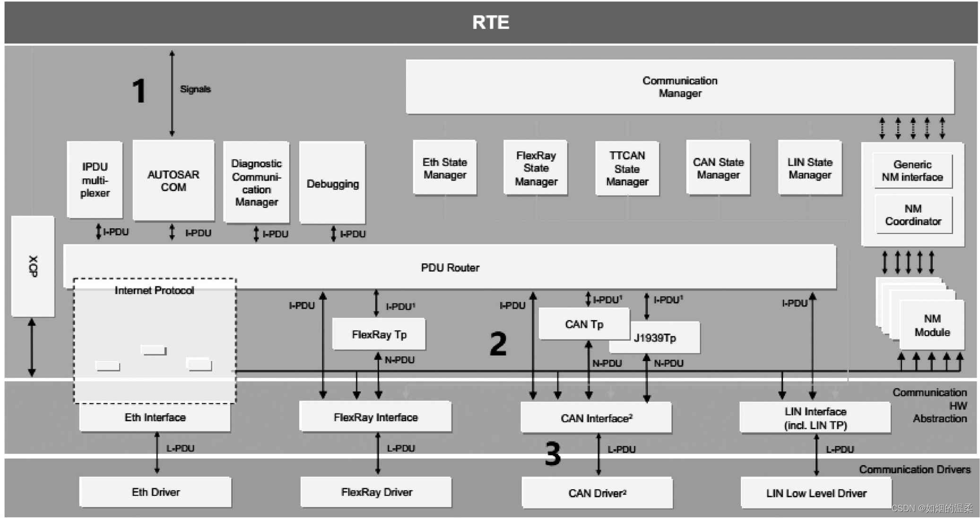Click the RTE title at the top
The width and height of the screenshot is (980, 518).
coord(490,22)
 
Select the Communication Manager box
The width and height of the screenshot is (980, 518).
coord(679,87)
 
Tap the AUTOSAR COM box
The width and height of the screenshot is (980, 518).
coord(173,181)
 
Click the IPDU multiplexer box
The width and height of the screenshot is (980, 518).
coord(95,180)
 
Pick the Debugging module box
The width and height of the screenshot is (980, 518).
coord(332,183)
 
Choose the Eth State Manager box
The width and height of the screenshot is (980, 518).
coord(444,168)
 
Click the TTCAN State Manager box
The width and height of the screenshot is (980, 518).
coord(627,168)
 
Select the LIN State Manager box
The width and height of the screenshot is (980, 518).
coord(809,168)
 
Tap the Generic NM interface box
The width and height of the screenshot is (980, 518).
coord(912,171)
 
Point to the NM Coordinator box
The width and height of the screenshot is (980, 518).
coord(913,215)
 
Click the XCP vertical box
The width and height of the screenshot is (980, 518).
coord(33,266)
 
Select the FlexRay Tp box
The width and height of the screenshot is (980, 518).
coord(379,334)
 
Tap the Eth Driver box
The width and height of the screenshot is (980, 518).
coord(156,492)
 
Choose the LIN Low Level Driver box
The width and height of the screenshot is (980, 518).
coord(816,493)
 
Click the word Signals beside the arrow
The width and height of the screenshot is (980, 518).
coord(195,89)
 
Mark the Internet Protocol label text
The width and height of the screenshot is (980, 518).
coord(154,290)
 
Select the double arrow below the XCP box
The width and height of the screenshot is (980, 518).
coord(32,347)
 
